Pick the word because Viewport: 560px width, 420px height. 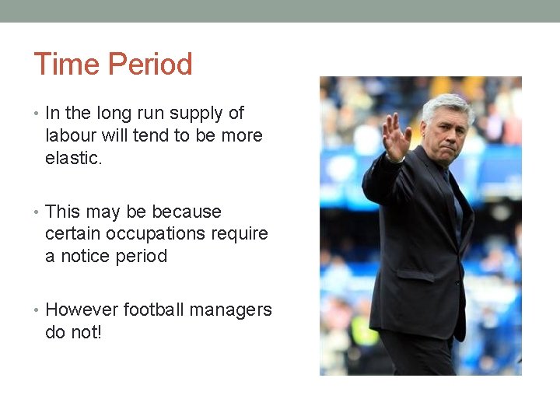(x=187, y=212)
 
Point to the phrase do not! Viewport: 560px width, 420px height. (x=74, y=332)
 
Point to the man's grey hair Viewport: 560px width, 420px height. (x=446, y=104)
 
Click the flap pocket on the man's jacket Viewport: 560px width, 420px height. (x=415, y=275)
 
